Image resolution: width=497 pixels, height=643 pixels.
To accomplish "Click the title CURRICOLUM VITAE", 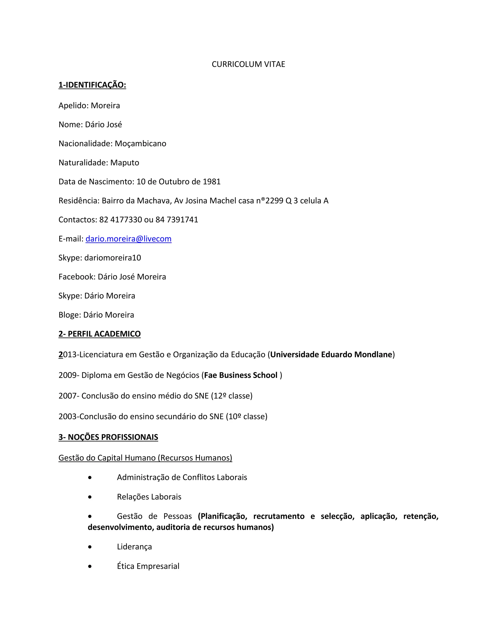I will pos(248,64).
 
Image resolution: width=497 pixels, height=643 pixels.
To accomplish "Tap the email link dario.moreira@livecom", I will pos(128,239).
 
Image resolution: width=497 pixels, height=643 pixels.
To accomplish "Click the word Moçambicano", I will pos(141,143).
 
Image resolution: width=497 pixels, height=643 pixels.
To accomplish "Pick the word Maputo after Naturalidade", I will pos(124,163).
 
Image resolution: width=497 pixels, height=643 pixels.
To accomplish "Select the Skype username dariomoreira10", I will pos(112,258).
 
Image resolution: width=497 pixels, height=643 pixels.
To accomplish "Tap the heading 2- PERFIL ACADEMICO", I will pos(99,334).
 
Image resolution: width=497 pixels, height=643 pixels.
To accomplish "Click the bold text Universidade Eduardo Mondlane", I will pos(331,354).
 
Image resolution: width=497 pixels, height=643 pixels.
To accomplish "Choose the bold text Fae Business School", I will pos(240,375).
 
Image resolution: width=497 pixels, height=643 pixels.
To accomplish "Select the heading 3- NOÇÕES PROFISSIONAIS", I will pos(108,437).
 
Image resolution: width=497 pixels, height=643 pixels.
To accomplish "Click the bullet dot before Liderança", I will pos(90,547).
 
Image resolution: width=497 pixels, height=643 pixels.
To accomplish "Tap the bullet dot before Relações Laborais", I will pos(90,497).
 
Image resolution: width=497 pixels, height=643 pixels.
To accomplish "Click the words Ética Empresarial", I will pos(148,566).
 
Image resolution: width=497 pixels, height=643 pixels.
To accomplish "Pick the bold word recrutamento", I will pos(279,516).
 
